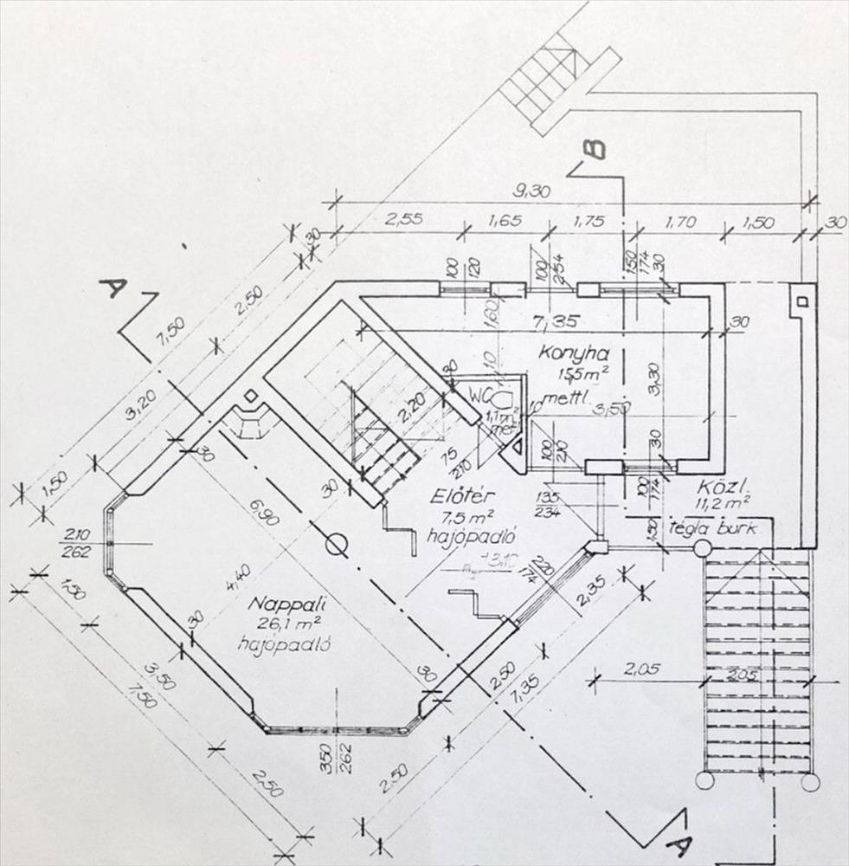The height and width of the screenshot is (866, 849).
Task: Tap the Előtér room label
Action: [461, 497]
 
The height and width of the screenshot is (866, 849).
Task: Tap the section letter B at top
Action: [593, 150]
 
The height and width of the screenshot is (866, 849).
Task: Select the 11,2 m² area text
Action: [721, 503]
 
